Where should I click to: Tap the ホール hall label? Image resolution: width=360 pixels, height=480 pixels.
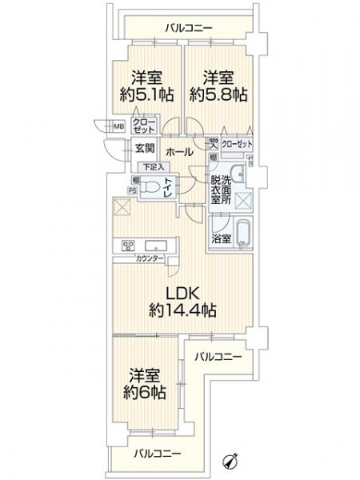[177, 150]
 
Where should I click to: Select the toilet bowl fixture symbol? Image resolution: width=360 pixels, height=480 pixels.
[150, 186]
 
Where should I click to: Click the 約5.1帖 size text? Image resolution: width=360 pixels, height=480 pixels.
[144, 94]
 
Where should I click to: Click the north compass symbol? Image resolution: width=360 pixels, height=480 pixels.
[234, 459]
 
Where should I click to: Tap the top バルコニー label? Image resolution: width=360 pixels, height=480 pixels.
[189, 29]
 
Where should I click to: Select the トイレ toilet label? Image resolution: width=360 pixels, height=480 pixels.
[169, 186]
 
